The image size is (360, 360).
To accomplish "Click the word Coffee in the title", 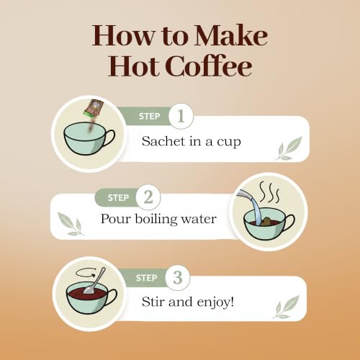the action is [x=209, y=65].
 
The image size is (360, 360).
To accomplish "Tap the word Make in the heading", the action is [x=230, y=35].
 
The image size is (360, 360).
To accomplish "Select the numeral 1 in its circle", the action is [x=181, y=116].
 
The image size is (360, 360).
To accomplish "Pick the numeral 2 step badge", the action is [x=148, y=197].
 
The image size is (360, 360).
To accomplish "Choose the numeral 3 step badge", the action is [x=178, y=278].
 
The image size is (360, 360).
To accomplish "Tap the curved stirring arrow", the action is [x=85, y=273].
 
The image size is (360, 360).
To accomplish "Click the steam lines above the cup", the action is [x=269, y=192].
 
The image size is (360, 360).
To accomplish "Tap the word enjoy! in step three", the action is [x=215, y=302].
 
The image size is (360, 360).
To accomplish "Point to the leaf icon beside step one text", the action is [x=288, y=149].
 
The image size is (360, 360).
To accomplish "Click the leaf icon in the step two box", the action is [x=71, y=224].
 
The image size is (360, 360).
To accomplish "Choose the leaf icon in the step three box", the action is [x=286, y=307].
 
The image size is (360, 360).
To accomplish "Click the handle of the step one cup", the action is [x=110, y=139].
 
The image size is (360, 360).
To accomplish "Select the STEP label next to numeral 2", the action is [x=118, y=198].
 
